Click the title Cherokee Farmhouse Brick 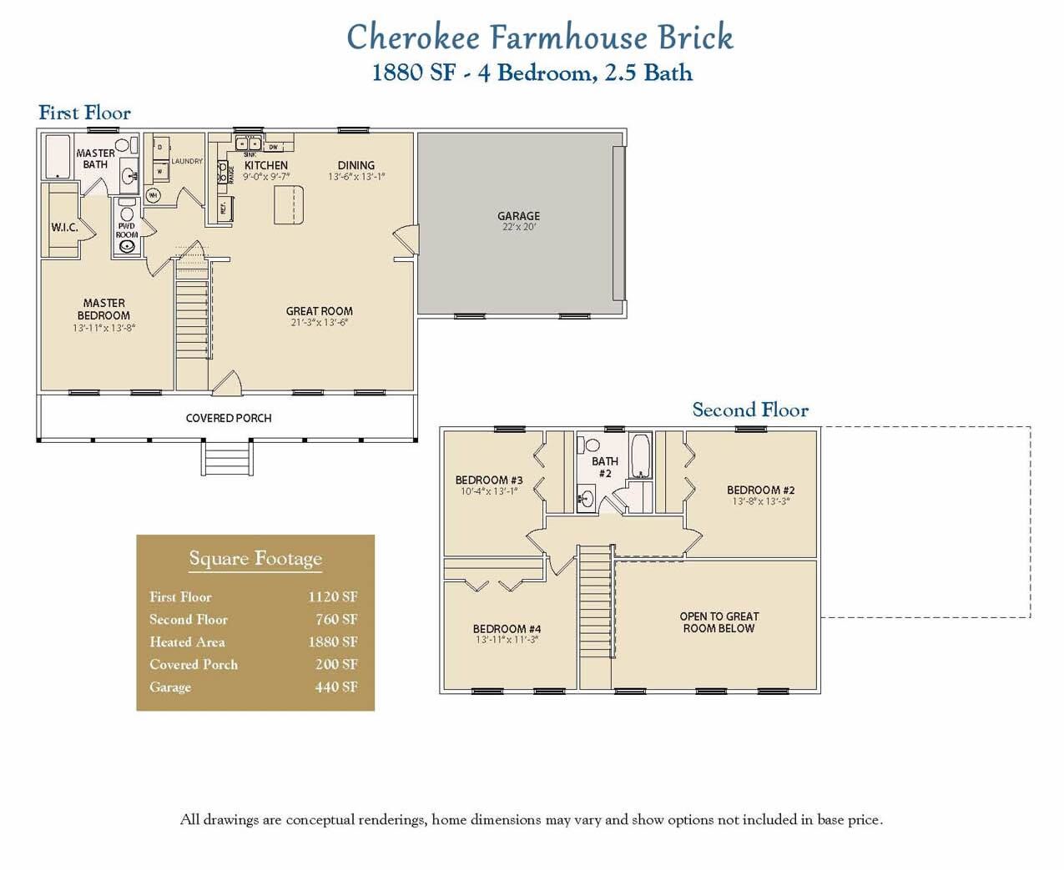[x=540, y=38]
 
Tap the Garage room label [x=518, y=216]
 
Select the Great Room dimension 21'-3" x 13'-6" [x=319, y=323]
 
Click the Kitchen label [x=265, y=165]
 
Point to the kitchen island [x=288, y=204]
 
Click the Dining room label [x=356, y=165]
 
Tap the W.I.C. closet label [x=64, y=227]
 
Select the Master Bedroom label [x=103, y=309]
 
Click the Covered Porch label [x=229, y=418]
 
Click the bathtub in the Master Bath [x=58, y=158]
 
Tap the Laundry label [x=187, y=161]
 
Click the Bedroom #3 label [x=489, y=480]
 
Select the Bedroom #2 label [x=760, y=490]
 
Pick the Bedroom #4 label [x=507, y=629]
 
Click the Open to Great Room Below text [x=719, y=622]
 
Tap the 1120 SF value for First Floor [x=332, y=597]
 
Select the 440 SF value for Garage [x=335, y=687]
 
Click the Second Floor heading [x=749, y=410]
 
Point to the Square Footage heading [x=255, y=559]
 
